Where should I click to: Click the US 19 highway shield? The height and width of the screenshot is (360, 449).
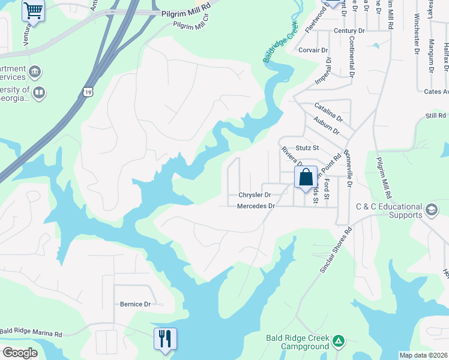pyautogui.click(x=88, y=92)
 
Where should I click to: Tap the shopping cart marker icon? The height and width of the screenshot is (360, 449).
pyautogui.click(x=33, y=10)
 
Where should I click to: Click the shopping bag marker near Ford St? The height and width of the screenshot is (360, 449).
pyautogui.click(x=306, y=178)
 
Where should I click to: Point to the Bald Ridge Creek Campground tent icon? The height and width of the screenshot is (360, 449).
pyautogui.click(x=339, y=341)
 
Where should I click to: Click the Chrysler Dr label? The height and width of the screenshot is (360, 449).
pyautogui.click(x=255, y=195)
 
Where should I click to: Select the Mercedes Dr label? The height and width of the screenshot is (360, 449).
pyautogui.click(x=256, y=206)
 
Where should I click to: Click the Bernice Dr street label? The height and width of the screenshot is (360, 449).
pyautogui.click(x=135, y=304)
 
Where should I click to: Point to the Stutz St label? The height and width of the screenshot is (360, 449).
pyautogui.click(x=307, y=147)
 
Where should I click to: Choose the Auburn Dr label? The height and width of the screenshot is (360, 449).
pyautogui.click(x=327, y=126)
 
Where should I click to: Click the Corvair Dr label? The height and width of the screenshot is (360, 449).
pyautogui.click(x=313, y=50)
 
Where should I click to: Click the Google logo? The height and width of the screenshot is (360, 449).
pyautogui.click(x=21, y=352)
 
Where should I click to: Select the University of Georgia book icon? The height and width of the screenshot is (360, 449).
pyautogui.click(x=39, y=92)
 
